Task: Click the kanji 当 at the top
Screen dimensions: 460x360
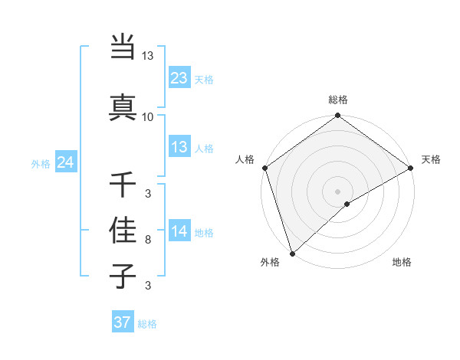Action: [x=123, y=47]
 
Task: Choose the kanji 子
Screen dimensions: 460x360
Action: [x=123, y=277]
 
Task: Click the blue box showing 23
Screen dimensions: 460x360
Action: [x=179, y=77]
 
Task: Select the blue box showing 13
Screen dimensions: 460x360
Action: [x=179, y=147]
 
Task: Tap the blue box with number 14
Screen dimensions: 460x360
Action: [x=179, y=231]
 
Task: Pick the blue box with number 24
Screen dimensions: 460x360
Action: [x=66, y=162]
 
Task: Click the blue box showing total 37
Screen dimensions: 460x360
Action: [x=123, y=322]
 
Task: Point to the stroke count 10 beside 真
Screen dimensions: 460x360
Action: [x=147, y=117]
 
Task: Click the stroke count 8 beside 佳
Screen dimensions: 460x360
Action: [x=148, y=241]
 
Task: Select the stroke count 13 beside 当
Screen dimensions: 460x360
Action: [x=147, y=56]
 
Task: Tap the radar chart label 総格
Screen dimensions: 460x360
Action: [x=338, y=100]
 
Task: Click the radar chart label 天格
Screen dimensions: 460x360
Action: [x=432, y=159]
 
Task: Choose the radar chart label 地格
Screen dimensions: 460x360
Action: [x=402, y=262]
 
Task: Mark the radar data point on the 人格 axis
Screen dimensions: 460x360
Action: [x=264, y=168]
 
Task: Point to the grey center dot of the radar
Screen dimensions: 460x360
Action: [x=338, y=191]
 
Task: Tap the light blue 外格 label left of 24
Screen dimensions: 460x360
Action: [x=40, y=163]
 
